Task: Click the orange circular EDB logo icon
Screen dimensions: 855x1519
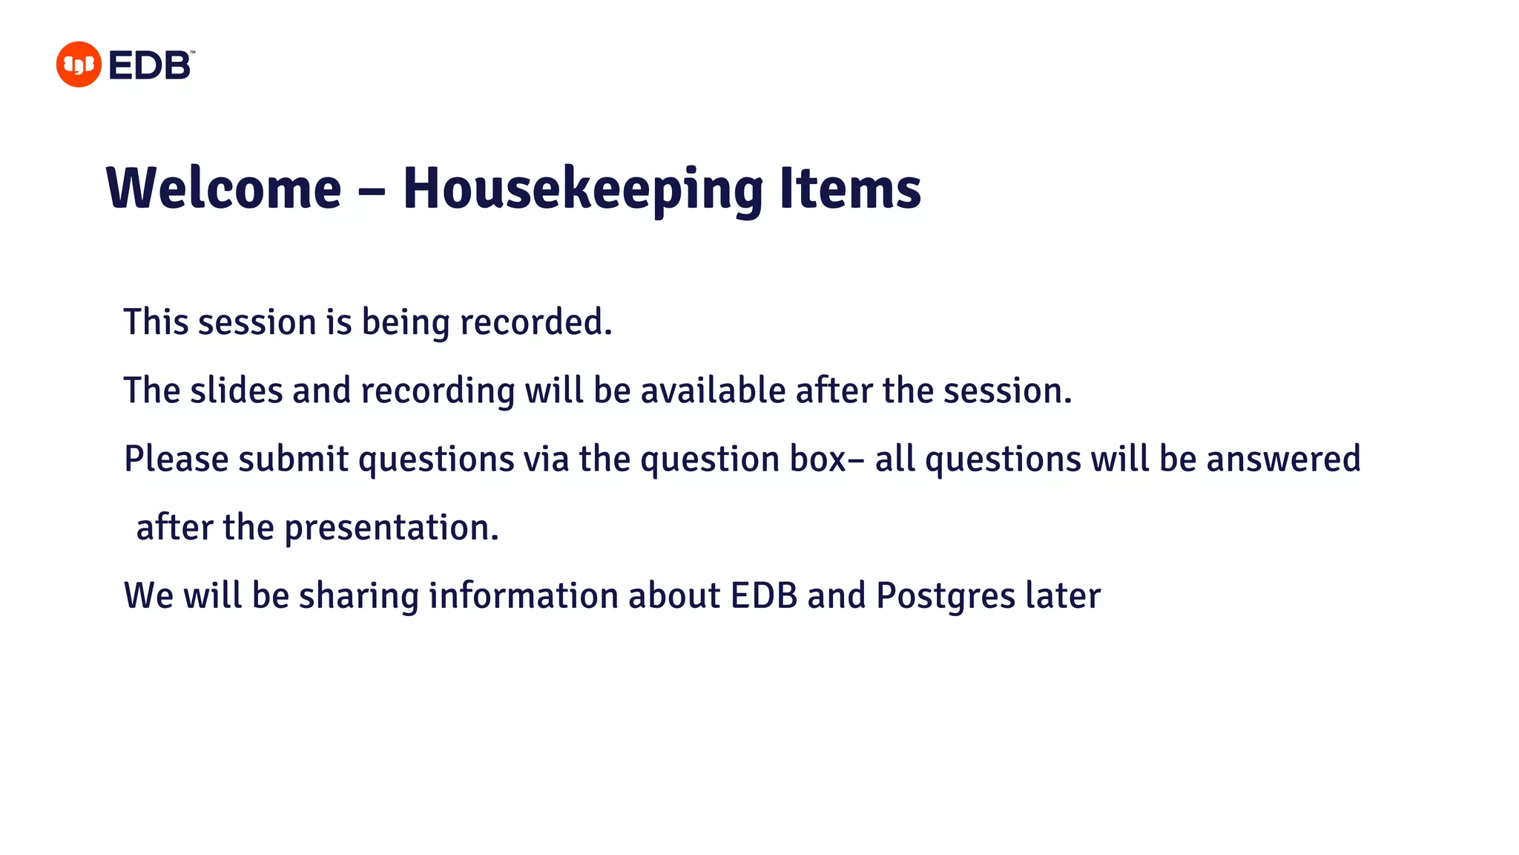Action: point(79,65)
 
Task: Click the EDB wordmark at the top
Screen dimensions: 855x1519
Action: point(151,65)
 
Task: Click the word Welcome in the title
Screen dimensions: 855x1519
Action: point(224,189)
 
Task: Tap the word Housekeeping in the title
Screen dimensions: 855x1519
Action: point(582,190)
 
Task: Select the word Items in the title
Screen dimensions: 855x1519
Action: point(849,189)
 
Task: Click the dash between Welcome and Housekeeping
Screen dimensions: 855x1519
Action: point(372,191)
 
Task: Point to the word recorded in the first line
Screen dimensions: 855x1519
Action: point(536,322)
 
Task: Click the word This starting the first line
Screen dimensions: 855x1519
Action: point(156,322)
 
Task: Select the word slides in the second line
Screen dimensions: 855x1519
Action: point(237,390)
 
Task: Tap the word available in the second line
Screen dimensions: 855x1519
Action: point(713,390)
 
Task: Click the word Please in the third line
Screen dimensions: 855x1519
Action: point(177,459)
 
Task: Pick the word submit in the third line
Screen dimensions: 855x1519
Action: point(293,459)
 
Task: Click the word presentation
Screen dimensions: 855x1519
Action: point(391,528)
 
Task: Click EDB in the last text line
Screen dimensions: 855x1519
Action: point(764,596)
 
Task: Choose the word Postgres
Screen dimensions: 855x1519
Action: point(945,596)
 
